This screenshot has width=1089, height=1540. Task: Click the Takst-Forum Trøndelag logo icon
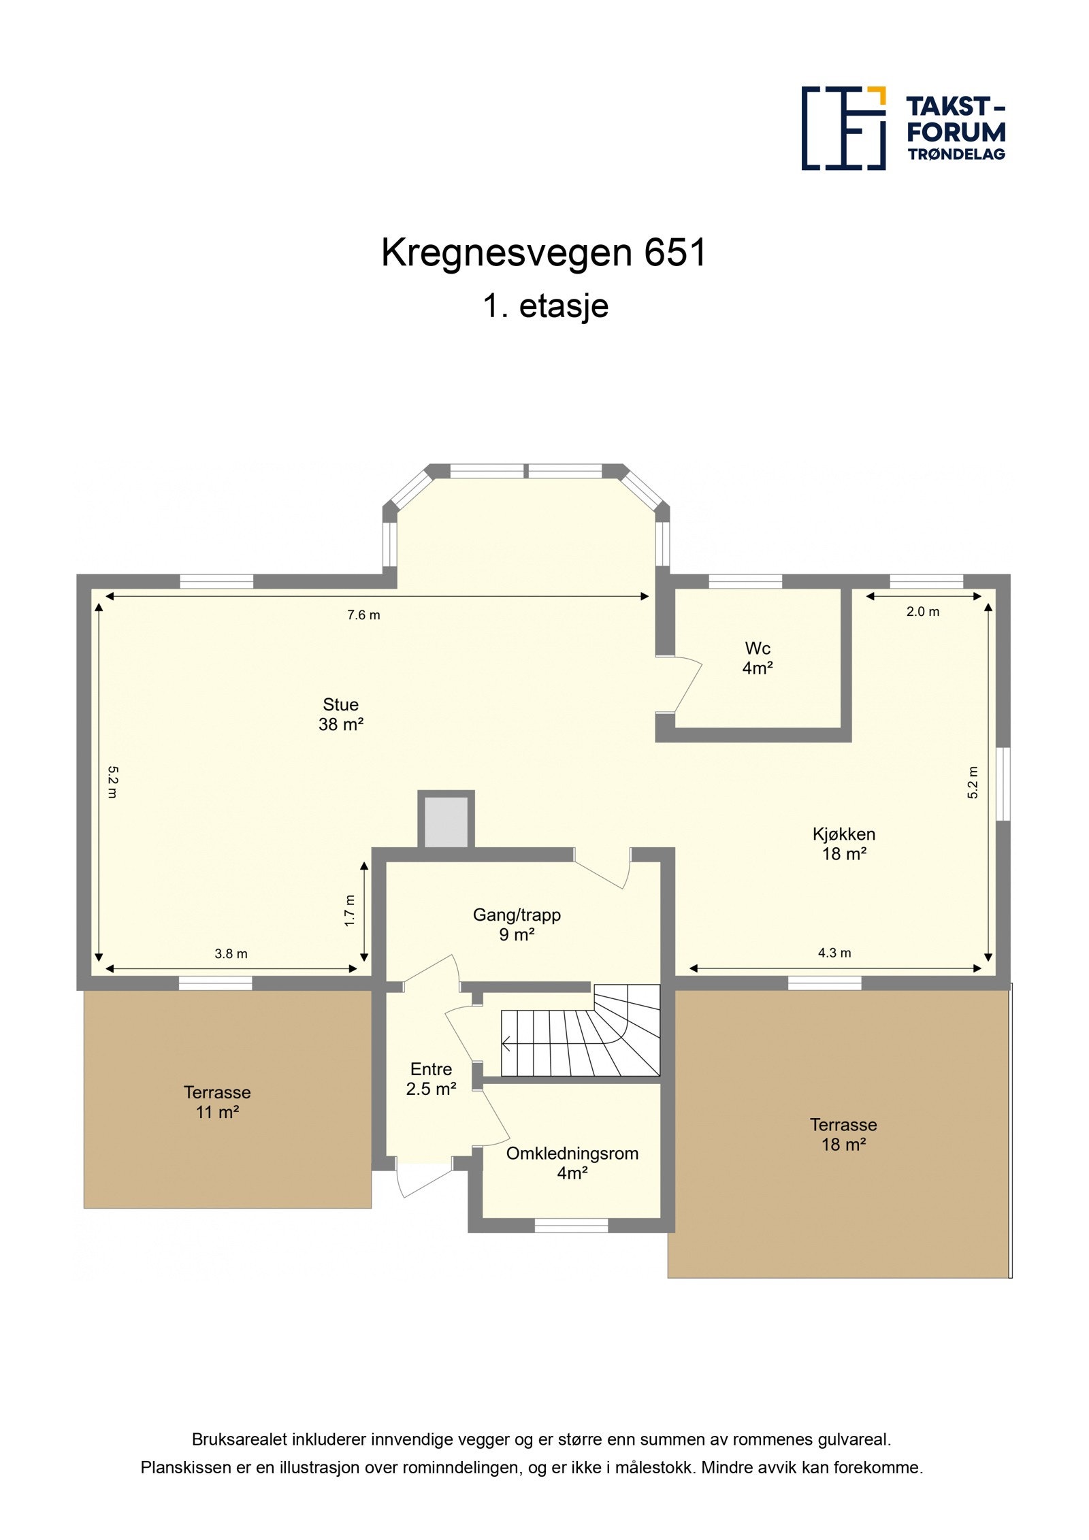click(x=843, y=128)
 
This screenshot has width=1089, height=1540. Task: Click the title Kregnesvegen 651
click(x=544, y=253)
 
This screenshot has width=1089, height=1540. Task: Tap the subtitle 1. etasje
click(x=545, y=306)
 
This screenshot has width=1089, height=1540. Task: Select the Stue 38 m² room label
click(x=340, y=714)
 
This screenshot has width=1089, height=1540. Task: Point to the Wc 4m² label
click(x=757, y=657)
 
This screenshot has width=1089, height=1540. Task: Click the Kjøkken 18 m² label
click(x=843, y=843)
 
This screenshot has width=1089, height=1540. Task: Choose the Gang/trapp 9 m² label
click(x=517, y=924)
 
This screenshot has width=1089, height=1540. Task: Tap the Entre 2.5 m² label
click(x=431, y=1079)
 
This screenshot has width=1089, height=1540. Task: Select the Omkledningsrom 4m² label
click(x=572, y=1163)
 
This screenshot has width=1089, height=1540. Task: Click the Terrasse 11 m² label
click(x=217, y=1102)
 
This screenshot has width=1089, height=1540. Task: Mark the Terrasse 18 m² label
click(x=843, y=1134)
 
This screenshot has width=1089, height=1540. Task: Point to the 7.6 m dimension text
click(x=363, y=615)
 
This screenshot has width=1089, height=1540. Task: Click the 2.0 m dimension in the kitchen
click(x=922, y=612)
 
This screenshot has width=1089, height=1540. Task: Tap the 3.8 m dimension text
click(x=231, y=954)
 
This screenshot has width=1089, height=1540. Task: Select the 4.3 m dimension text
click(x=834, y=953)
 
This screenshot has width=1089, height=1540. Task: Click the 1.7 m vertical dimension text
click(x=350, y=910)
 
